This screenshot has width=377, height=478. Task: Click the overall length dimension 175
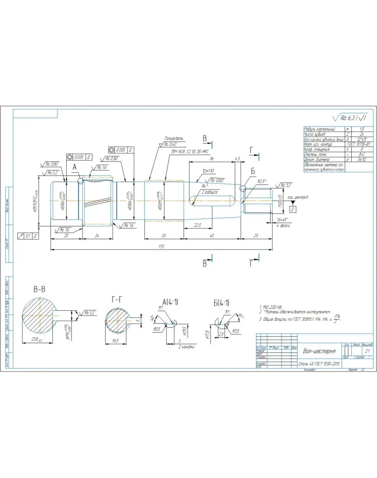pos(161,247)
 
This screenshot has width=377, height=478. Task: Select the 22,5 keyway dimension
pos(197,225)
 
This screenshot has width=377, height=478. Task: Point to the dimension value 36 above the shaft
pos(212,159)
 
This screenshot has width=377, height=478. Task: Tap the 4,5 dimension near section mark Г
pos(237,159)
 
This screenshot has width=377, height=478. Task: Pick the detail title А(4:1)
pos(170,302)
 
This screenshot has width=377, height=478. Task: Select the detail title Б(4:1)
pos(222,303)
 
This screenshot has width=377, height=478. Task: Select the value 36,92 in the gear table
pos(362,159)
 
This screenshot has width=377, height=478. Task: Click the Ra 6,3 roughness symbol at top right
pos(350,118)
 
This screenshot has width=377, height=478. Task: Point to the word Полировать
pos(174,139)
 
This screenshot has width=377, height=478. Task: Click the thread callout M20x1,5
pos(280,201)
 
